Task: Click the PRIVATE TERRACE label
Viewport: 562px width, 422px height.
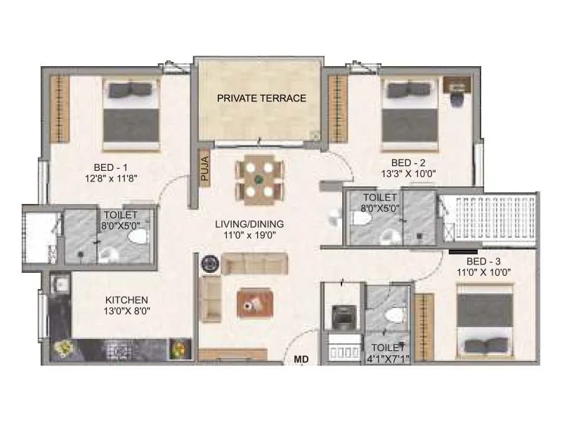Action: pyautogui.click(x=261, y=98)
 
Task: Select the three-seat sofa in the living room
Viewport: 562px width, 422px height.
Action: pyautogui.click(x=254, y=265)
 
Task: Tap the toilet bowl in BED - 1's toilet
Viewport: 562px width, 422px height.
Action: pyautogui.click(x=135, y=238)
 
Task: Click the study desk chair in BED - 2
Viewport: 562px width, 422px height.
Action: pyautogui.click(x=457, y=99)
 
